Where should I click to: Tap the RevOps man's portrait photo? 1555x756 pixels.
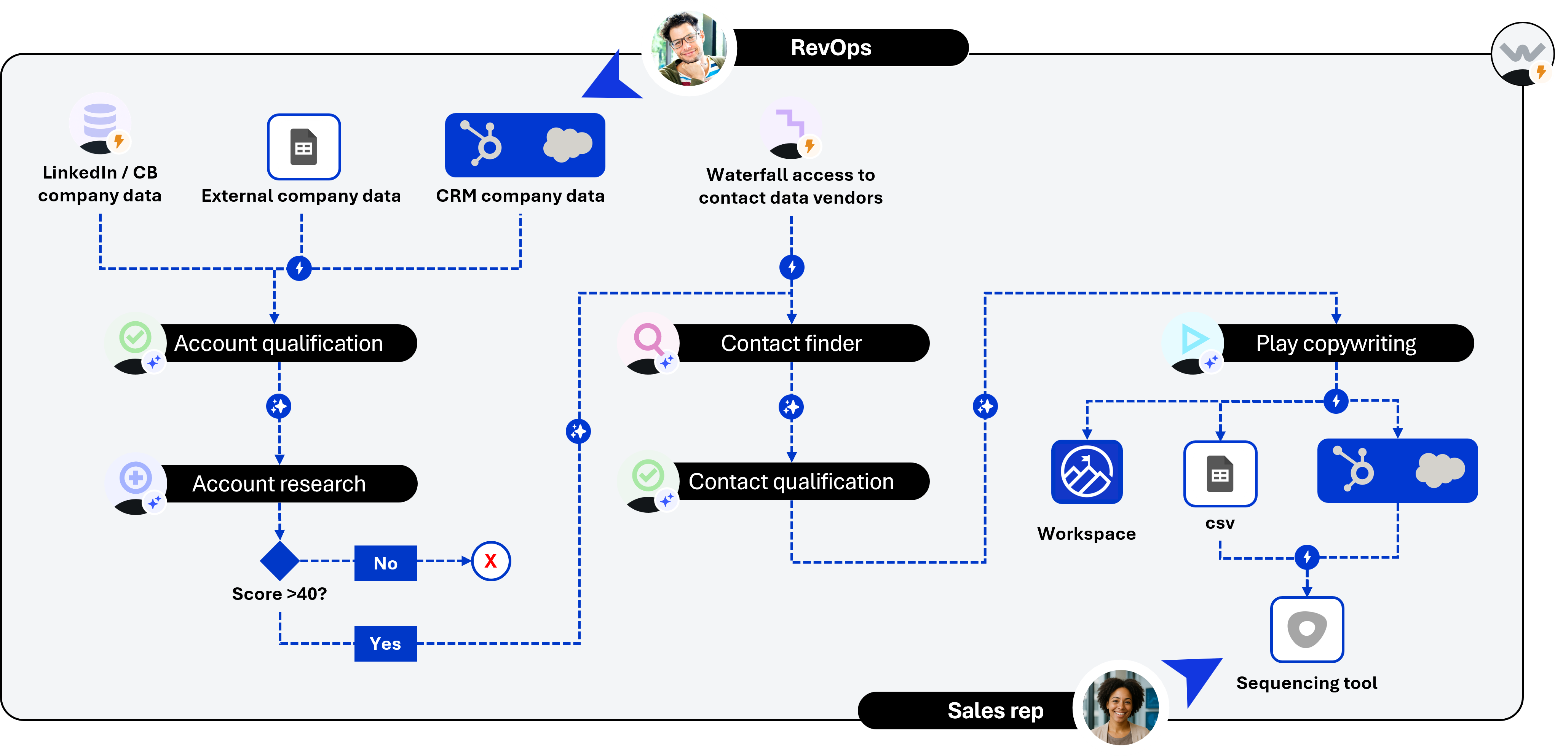tap(689, 48)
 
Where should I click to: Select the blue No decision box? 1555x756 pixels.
tap(385, 563)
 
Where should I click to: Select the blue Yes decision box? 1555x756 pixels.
tap(385, 643)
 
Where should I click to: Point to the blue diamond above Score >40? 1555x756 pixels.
tap(279, 560)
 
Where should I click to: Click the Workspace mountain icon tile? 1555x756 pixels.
tap(1087, 472)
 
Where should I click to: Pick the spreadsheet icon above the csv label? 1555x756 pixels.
tap(1220, 474)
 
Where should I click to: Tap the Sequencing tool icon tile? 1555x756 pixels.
tap(1307, 629)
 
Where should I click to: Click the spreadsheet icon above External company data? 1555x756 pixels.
tap(303, 147)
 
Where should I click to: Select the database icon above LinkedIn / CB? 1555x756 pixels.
tap(100, 121)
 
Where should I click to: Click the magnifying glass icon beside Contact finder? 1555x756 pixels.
tap(648, 339)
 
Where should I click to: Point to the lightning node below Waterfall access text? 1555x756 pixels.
tap(791, 267)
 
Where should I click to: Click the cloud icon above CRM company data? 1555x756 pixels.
tap(567, 145)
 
